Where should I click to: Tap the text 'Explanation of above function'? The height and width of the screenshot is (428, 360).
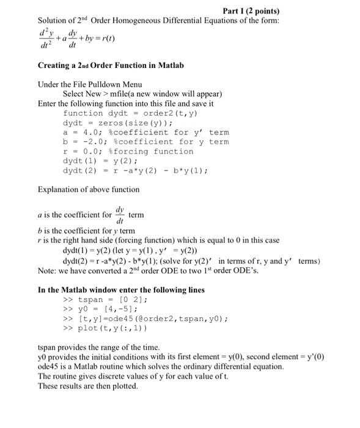[x=89, y=190]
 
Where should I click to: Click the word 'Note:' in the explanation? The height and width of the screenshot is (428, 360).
[x=48, y=270]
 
